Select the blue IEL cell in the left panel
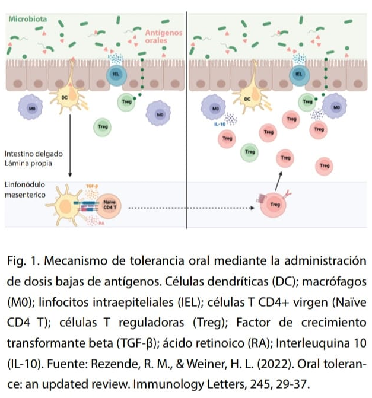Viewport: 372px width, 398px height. [116, 74]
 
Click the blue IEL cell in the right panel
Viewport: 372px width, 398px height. [299, 74]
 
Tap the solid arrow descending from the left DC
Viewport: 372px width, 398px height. [70, 145]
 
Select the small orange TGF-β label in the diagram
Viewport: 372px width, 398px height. [92, 186]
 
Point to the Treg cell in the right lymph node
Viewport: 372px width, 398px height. [275, 205]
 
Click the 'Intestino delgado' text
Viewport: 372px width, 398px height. [33, 152]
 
